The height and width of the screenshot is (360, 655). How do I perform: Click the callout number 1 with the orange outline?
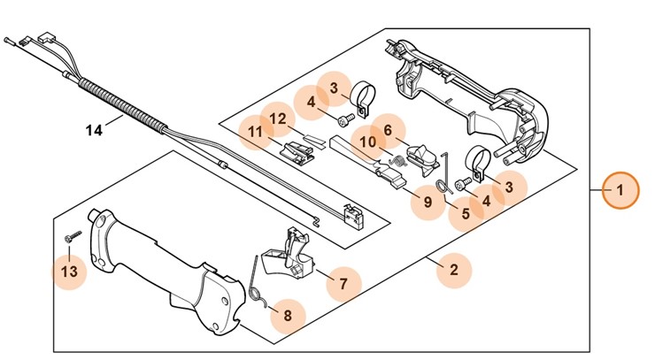point(620,189)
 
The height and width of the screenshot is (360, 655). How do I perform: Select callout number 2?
point(454,270)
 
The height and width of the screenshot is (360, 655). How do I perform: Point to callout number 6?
point(387,130)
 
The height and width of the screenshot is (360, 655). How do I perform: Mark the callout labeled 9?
point(428,202)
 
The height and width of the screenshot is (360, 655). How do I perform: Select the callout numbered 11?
point(256,134)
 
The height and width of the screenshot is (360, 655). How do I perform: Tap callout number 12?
point(277,119)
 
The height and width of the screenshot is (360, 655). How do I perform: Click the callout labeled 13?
point(69,270)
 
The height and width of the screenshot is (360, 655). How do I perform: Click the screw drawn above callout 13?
point(72,235)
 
